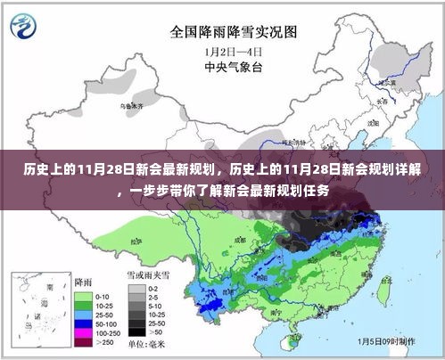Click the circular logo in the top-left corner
(20, 24)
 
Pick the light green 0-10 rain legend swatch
(84, 294)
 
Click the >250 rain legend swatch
(84, 344)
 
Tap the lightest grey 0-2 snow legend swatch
(136, 290)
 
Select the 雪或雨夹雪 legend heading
(148, 278)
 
